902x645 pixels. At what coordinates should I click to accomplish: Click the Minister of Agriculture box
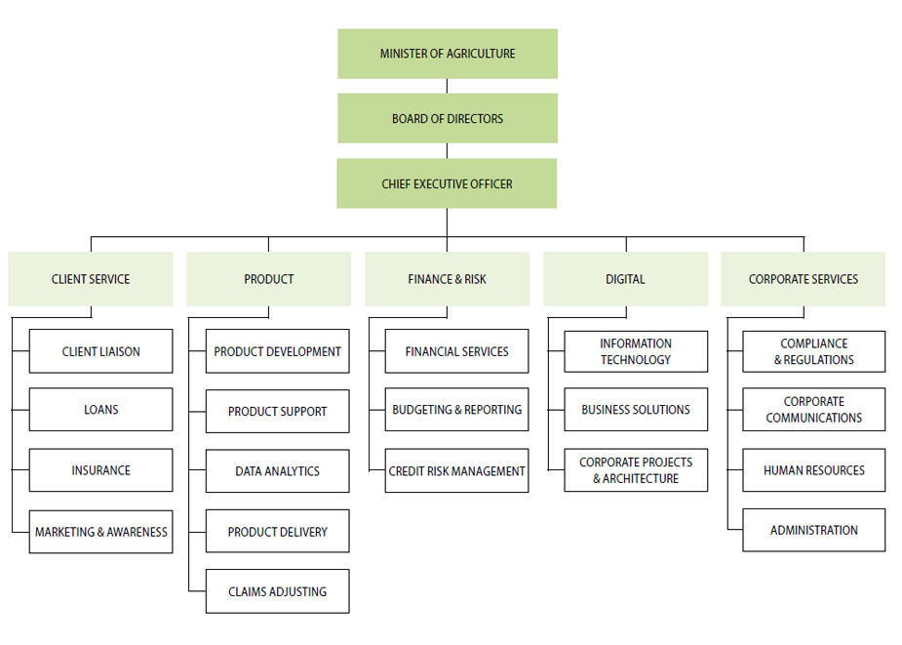tap(448, 54)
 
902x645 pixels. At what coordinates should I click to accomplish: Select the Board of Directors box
tap(448, 118)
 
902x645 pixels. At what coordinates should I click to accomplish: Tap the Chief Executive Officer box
tap(448, 183)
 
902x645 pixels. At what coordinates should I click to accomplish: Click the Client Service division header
tap(91, 279)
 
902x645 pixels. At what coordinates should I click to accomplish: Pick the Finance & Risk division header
tap(448, 279)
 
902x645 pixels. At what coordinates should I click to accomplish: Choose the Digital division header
tap(625, 279)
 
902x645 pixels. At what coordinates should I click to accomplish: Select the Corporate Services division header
tap(804, 279)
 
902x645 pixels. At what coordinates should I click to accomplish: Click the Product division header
tap(269, 279)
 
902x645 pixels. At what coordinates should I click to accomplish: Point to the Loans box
tap(100, 410)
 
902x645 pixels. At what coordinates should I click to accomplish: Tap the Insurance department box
tap(100, 470)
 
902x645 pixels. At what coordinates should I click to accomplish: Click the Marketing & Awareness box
tap(100, 532)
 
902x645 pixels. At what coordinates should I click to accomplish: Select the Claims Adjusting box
tap(277, 591)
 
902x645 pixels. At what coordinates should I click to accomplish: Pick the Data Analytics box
tap(277, 471)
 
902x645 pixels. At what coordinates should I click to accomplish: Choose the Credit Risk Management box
tap(456, 471)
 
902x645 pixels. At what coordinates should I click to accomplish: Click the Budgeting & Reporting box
tap(456, 410)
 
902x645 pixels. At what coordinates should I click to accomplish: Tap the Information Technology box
tap(636, 351)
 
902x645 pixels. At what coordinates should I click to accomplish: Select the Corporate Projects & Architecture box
tap(636, 470)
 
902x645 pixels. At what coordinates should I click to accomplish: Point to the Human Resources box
tap(814, 470)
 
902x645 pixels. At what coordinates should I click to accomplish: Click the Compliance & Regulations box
tap(814, 351)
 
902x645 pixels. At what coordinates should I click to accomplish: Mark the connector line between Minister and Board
tap(448, 86)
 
